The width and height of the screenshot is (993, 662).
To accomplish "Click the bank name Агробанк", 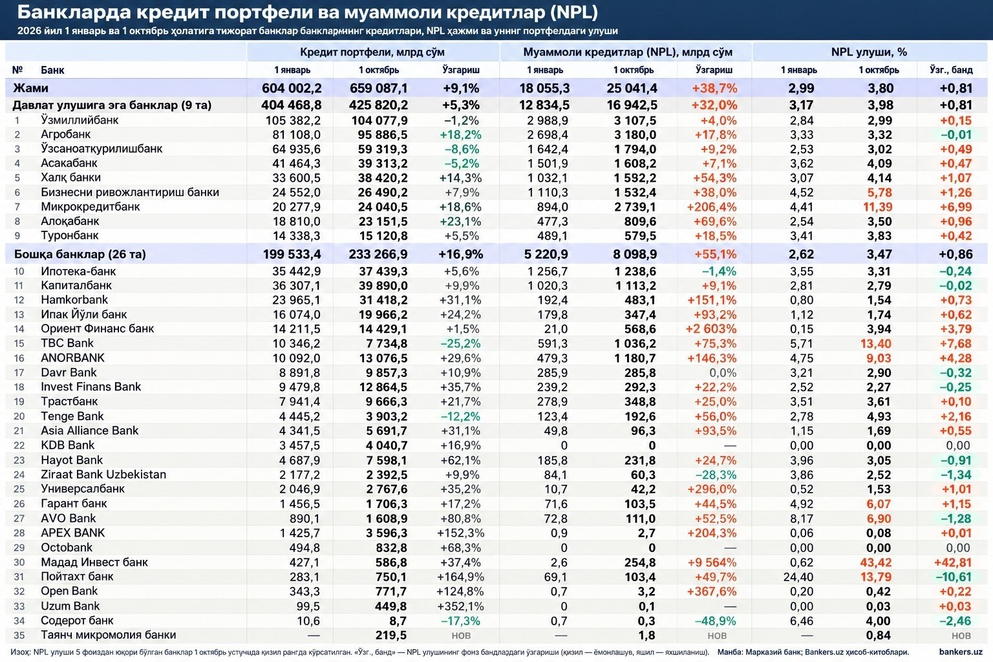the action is point(65,135).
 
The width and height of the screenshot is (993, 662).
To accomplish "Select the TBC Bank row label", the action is point(67,343).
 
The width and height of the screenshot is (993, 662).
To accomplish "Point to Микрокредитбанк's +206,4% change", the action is point(712,207).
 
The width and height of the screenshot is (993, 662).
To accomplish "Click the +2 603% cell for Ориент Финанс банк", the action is point(711,329).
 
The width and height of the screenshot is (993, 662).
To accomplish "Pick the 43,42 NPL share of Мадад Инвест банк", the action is point(875,562).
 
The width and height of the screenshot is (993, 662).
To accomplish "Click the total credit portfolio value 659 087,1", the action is point(379,88).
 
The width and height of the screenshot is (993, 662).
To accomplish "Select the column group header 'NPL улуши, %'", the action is point(869,52).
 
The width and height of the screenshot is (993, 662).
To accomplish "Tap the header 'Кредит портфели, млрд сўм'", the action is point(372,52).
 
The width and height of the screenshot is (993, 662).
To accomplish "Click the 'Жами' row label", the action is point(30,88).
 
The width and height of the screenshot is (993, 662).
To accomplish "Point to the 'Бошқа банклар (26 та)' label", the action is point(80,254).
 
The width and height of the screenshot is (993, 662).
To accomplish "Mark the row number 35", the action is point(19,635).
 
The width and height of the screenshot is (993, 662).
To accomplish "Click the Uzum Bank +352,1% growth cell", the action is point(460,606).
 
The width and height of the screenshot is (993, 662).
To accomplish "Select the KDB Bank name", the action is point(67,445).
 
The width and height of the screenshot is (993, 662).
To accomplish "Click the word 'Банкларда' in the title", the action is point(74,12).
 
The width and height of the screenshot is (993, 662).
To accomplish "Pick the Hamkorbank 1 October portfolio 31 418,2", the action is point(383,300).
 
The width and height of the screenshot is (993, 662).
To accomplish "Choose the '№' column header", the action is point(17,70).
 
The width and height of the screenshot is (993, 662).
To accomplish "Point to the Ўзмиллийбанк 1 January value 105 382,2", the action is point(293,121).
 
